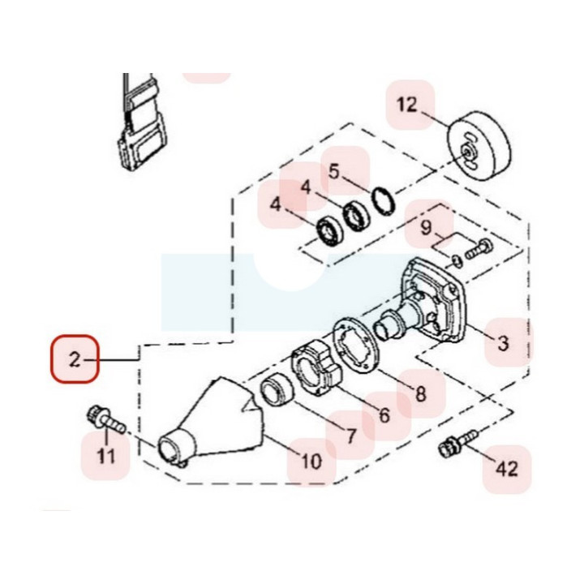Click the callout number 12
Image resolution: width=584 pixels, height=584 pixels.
[406, 105]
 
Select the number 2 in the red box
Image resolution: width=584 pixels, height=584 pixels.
[75, 360]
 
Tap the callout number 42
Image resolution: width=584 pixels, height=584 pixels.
[507, 469]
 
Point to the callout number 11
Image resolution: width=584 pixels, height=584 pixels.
[106, 456]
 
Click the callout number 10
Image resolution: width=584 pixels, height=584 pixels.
[311, 462]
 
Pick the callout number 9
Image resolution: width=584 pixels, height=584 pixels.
[426, 227]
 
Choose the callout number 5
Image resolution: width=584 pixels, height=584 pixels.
[334, 172]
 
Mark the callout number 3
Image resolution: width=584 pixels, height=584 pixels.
[503, 342]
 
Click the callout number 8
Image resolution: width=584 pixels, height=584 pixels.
[420, 393]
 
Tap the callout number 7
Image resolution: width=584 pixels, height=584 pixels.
[350, 436]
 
